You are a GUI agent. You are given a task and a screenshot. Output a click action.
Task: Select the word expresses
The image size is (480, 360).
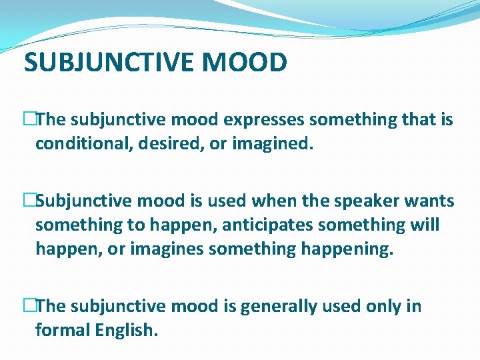(x=261, y=120)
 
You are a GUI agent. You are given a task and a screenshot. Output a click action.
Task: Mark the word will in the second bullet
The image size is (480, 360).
(x=425, y=225)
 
